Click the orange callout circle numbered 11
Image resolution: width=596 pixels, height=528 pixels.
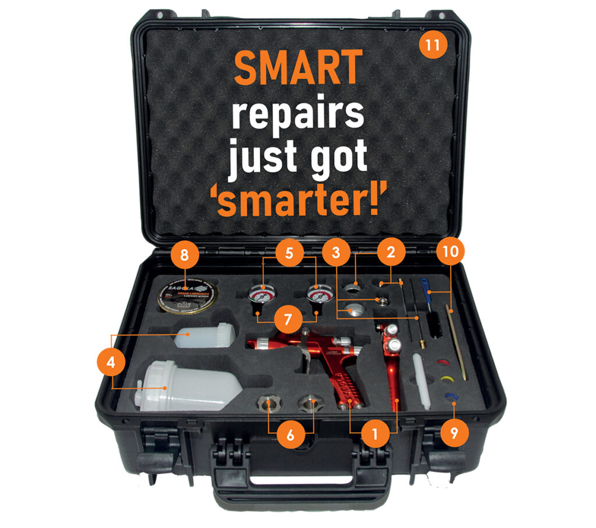pyautogui.click(x=432, y=46)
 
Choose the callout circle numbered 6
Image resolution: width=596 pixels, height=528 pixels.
pyautogui.click(x=290, y=434)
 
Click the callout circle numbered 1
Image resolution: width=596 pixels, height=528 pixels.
pyautogui.click(x=374, y=434)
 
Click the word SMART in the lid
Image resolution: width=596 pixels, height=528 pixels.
pyautogui.click(x=297, y=67)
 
